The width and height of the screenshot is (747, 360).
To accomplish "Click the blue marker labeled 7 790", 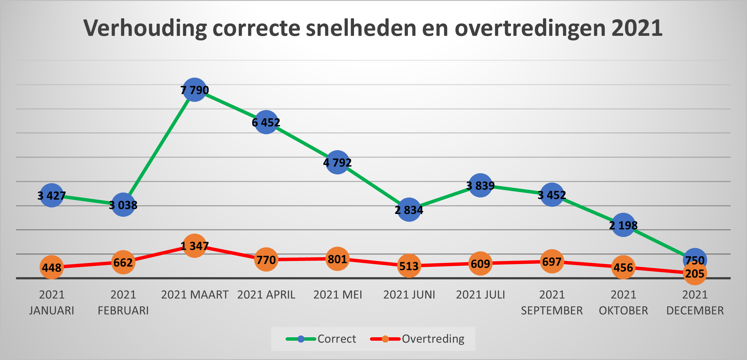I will click(195, 90).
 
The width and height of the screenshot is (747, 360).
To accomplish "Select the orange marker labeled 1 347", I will click(195, 246).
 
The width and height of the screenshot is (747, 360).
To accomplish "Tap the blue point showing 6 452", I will click(266, 122).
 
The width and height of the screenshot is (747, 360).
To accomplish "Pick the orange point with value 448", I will click(52, 267).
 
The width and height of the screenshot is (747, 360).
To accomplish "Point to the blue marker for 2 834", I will click(409, 210).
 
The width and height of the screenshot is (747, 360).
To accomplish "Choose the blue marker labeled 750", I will click(695, 259).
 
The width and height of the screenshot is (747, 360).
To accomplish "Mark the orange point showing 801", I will click(338, 259).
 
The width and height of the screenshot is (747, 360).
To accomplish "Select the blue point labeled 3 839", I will click(480, 185).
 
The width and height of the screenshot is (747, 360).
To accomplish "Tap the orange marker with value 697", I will click(552, 262).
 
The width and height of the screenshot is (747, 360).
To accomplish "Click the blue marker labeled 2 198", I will click(623, 225).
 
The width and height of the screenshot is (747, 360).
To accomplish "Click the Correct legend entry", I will click(321, 339).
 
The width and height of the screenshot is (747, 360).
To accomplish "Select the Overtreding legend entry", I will click(417, 339).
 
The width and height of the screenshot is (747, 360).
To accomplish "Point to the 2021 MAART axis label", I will click(195, 295).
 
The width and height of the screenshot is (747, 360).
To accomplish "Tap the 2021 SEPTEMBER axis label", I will click(552, 302).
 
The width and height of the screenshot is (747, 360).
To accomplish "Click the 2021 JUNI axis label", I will click(409, 295).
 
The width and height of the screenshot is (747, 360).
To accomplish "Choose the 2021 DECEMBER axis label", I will click(695, 302).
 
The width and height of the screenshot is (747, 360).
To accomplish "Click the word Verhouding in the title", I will click(145, 28).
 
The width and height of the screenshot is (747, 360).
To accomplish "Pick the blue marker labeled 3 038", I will click(123, 205).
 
